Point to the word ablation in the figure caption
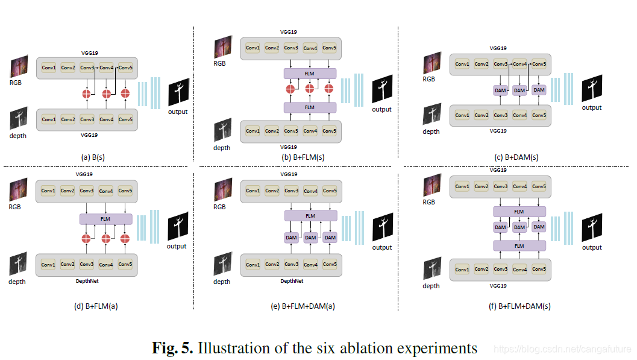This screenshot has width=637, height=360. tap(356, 348)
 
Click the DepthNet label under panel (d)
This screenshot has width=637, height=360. tap(87, 281)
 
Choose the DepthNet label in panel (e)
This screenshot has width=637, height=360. tap(291, 281)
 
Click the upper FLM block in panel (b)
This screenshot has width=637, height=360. tap(310, 74)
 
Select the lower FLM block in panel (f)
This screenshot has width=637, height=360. tap(519, 245)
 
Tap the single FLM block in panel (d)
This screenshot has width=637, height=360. tap(105, 219)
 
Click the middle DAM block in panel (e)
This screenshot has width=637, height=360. tap(310, 238)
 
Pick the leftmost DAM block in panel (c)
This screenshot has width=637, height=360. tap(500, 90)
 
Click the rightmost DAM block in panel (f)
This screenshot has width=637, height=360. tap(539, 227)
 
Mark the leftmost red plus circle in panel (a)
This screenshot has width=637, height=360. tap(87, 93)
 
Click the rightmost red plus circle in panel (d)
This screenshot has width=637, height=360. tap(125, 239)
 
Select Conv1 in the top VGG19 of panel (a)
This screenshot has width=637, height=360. tap(49, 68)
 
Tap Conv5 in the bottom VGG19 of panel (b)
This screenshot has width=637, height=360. tap(329, 131)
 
